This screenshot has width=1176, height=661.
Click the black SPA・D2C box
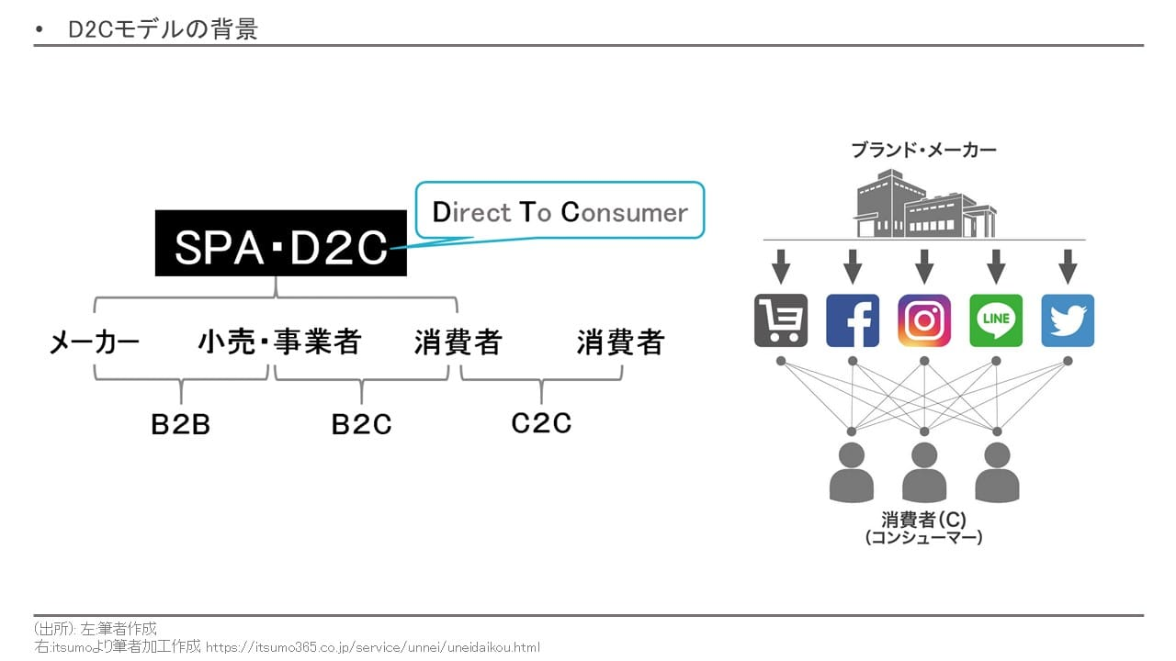tap(280, 243)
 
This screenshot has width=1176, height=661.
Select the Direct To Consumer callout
tap(560, 212)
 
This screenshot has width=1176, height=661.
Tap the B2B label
tap(181, 425)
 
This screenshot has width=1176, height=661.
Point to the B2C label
tap(361, 425)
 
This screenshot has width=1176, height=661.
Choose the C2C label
tap(541, 422)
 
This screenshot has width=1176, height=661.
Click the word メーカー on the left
tap(94, 343)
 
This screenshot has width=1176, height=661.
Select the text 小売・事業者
tap(280, 343)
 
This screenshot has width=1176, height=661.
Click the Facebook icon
tap(853, 320)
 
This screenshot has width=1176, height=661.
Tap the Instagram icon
tap(924, 320)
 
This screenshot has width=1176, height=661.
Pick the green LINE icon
tap(996, 320)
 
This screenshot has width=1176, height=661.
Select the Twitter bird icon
tap(1068, 320)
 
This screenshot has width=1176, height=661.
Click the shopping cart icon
tap(781, 320)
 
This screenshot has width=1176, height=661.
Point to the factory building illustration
tap(924, 204)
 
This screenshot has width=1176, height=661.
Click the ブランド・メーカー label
tap(923, 150)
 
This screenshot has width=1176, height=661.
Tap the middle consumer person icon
tap(924, 472)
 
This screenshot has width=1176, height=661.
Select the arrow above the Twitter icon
tap(1068, 266)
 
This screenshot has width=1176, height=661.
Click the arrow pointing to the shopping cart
tap(781, 266)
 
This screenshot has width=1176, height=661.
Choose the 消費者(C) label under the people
tap(923, 520)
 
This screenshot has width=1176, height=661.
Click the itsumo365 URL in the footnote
tap(372, 647)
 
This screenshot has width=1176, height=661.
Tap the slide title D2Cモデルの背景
tap(163, 29)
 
